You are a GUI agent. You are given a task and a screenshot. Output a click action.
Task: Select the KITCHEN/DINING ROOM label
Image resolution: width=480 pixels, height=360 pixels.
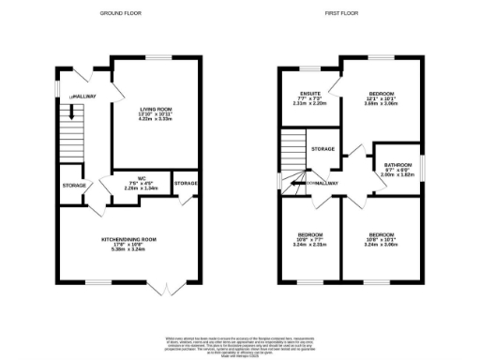click(x=130, y=240)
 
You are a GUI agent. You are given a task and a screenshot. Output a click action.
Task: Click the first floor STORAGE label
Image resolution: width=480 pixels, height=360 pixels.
click(x=324, y=149)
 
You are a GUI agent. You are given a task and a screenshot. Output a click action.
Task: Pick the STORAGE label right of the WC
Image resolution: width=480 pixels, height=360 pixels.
click(x=186, y=182)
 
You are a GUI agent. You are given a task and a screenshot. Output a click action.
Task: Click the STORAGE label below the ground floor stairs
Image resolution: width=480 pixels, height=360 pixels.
click(x=73, y=184)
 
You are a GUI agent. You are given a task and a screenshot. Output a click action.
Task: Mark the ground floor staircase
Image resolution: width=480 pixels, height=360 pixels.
click(x=67, y=127)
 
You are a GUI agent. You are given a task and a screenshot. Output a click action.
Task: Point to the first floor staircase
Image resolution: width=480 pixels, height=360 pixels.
click(x=293, y=150)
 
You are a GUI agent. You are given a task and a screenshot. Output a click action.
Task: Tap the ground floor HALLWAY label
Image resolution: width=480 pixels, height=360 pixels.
click(x=83, y=96)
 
